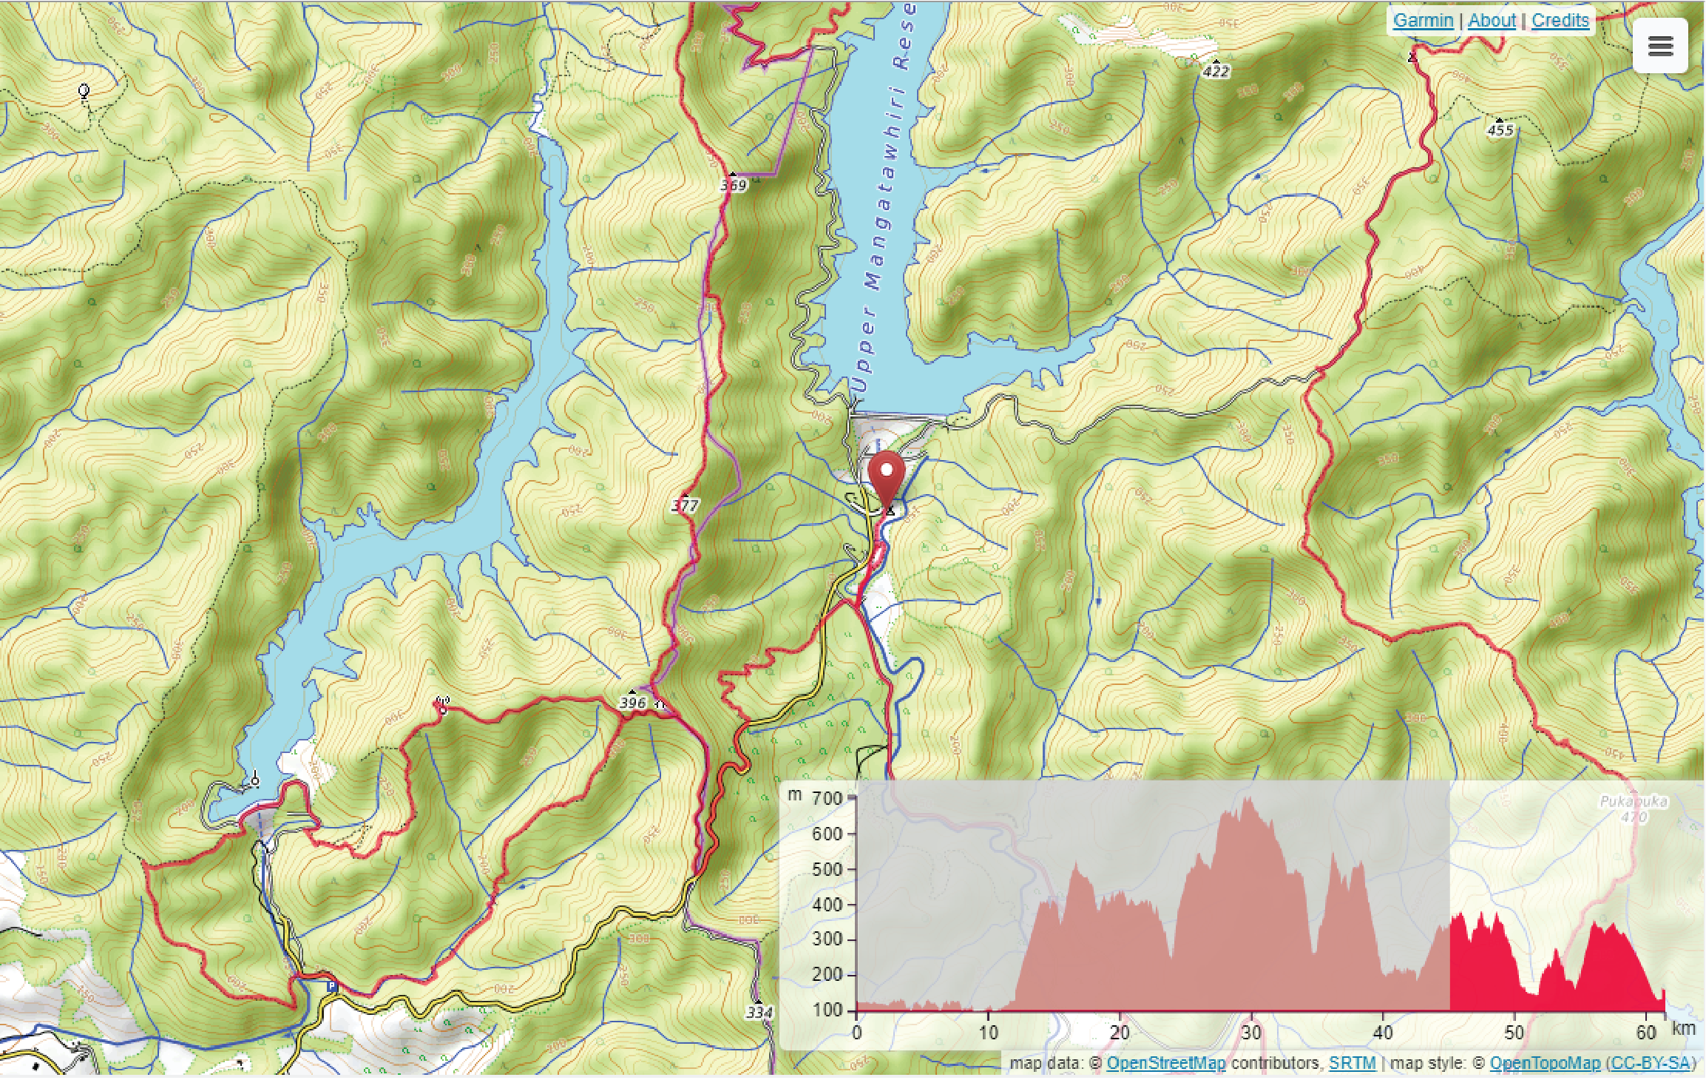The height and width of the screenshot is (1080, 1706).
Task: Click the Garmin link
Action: coord(1423,20)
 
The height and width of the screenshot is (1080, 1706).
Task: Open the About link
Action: coord(1492,20)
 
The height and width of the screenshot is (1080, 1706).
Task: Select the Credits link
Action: coord(1560,20)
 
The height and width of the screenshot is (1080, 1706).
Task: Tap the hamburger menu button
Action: coord(1660,46)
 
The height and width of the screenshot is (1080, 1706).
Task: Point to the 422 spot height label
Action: coord(1216,71)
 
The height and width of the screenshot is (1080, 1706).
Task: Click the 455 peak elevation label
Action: coord(1500,130)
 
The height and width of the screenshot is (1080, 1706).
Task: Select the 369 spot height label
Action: coord(734,185)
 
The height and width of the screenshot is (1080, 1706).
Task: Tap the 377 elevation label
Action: coord(685,505)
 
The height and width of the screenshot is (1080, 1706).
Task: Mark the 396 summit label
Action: coord(632,702)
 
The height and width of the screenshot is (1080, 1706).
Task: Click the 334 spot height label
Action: coord(759,1012)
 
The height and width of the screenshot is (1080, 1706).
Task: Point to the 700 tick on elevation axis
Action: coord(827,798)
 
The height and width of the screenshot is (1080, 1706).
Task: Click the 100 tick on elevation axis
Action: coord(827,1010)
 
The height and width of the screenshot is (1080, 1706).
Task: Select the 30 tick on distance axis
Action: coord(1251,1032)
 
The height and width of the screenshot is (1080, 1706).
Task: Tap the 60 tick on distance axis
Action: coord(1646,1032)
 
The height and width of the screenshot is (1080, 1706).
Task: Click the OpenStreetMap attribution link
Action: coord(1165,1063)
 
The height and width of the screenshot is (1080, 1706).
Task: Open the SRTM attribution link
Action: coord(1352,1063)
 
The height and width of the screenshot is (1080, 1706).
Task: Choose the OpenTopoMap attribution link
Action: coord(1545,1063)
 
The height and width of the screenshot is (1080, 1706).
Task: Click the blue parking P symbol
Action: coord(332,985)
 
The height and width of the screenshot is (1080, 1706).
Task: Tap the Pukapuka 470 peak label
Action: coord(1633,809)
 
